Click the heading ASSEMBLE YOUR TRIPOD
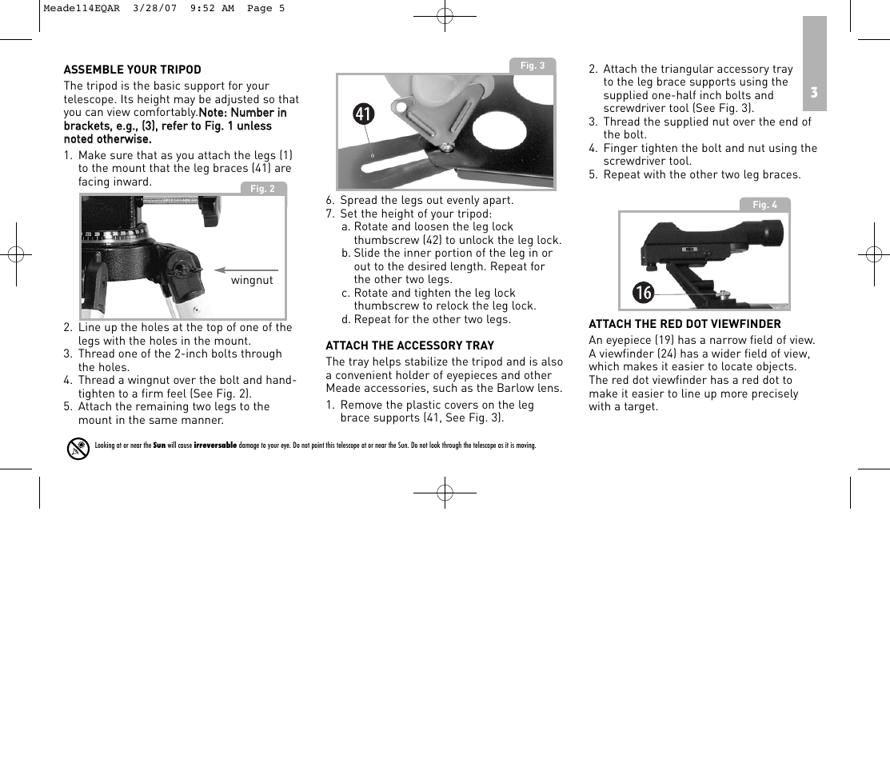pyautogui.click(x=133, y=70)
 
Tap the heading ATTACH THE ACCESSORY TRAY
pyautogui.click(x=409, y=346)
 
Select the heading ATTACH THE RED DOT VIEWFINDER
pyautogui.click(x=684, y=324)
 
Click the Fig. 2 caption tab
pyautogui.click(x=262, y=189)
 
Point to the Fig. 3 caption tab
pyautogui.click(x=532, y=66)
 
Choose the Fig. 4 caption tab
pyautogui.click(x=764, y=205)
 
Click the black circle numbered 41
pyautogui.click(x=363, y=115)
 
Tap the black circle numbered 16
pyautogui.click(x=643, y=294)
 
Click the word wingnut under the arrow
pyautogui.click(x=252, y=281)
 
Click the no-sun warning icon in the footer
pyautogui.click(x=78, y=449)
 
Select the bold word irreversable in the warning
pyautogui.click(x=215, y=445)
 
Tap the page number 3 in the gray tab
pyautogui.click(x=814, y=93)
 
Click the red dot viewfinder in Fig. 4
pyautogui.click(x=712, y=240)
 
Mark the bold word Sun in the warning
pyautogui.click(x=159, y=445)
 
